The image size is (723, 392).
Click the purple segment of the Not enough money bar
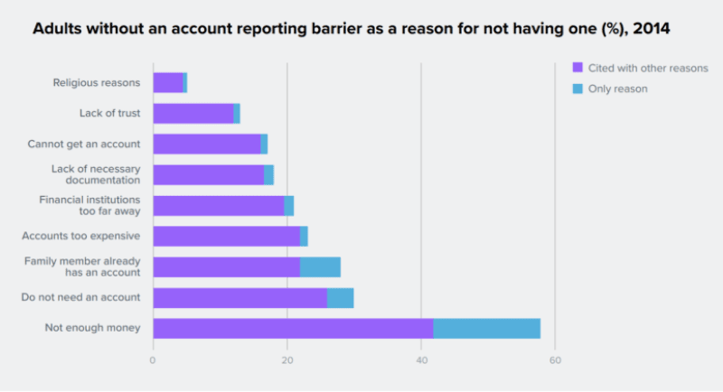click(x=293, y=328)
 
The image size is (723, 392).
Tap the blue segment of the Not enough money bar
click(x=486, y=328)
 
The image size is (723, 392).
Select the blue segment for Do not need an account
click(x=340, y=297)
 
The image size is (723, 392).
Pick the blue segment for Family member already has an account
click(x=320, y=266)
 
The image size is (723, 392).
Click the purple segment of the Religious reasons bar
click(x=168, y=83)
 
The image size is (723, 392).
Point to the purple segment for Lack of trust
click(x=193, y=113)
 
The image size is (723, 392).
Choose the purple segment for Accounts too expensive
click(x=226, y=236)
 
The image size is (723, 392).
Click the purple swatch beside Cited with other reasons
click(x=578, y=69)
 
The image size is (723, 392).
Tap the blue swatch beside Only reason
click(x=578, y=89)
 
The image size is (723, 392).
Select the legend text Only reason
click(x=618, y=89)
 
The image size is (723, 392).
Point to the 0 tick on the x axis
click(x=153, y=360)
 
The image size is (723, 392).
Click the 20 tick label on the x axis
click(x=287, y=360)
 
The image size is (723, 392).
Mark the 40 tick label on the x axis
click(x=421, y=360)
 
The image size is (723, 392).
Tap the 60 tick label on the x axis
click(x=555, y=360)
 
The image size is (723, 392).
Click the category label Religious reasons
click(x=97, y=83)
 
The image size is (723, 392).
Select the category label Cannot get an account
click(x=84, y=144)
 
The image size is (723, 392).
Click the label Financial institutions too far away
click(x=89, y=205)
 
